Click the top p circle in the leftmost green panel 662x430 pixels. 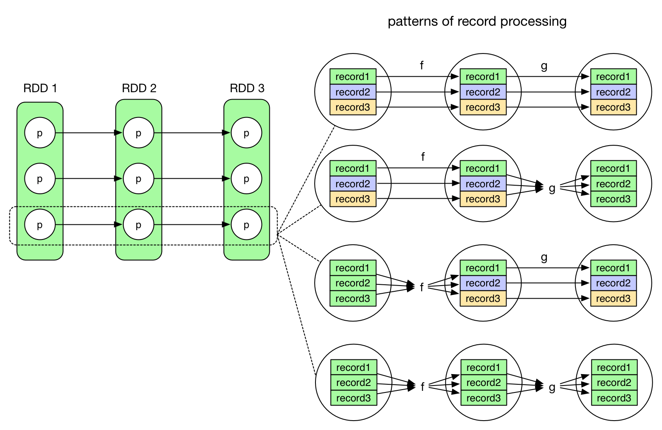pos(40,133)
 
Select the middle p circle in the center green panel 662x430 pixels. pos(138,179)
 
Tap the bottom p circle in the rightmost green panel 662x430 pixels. pos(246,225)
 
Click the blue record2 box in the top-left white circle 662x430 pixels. pos(353,92)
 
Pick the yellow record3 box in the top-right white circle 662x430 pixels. pos(613,107)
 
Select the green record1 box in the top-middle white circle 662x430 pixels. pos(483,77)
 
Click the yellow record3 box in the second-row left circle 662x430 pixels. pos(353,199)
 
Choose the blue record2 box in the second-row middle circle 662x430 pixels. pos(483,184)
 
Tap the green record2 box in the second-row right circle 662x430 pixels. pos(613,184)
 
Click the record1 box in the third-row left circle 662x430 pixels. pos(353,268)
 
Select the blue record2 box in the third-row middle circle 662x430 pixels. pos(483,283)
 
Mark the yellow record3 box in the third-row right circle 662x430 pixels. pos(613,299)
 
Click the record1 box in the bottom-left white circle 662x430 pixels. pos(353,368)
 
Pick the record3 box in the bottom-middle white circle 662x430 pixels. pos(484,398)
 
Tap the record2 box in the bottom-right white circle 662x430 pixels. pos(614,383)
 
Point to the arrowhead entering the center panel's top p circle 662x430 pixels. pos(120,133)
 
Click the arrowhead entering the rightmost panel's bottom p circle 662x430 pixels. pos(227,225)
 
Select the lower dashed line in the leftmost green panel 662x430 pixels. pos(40,245)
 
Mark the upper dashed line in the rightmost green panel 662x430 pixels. pos(247,207)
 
